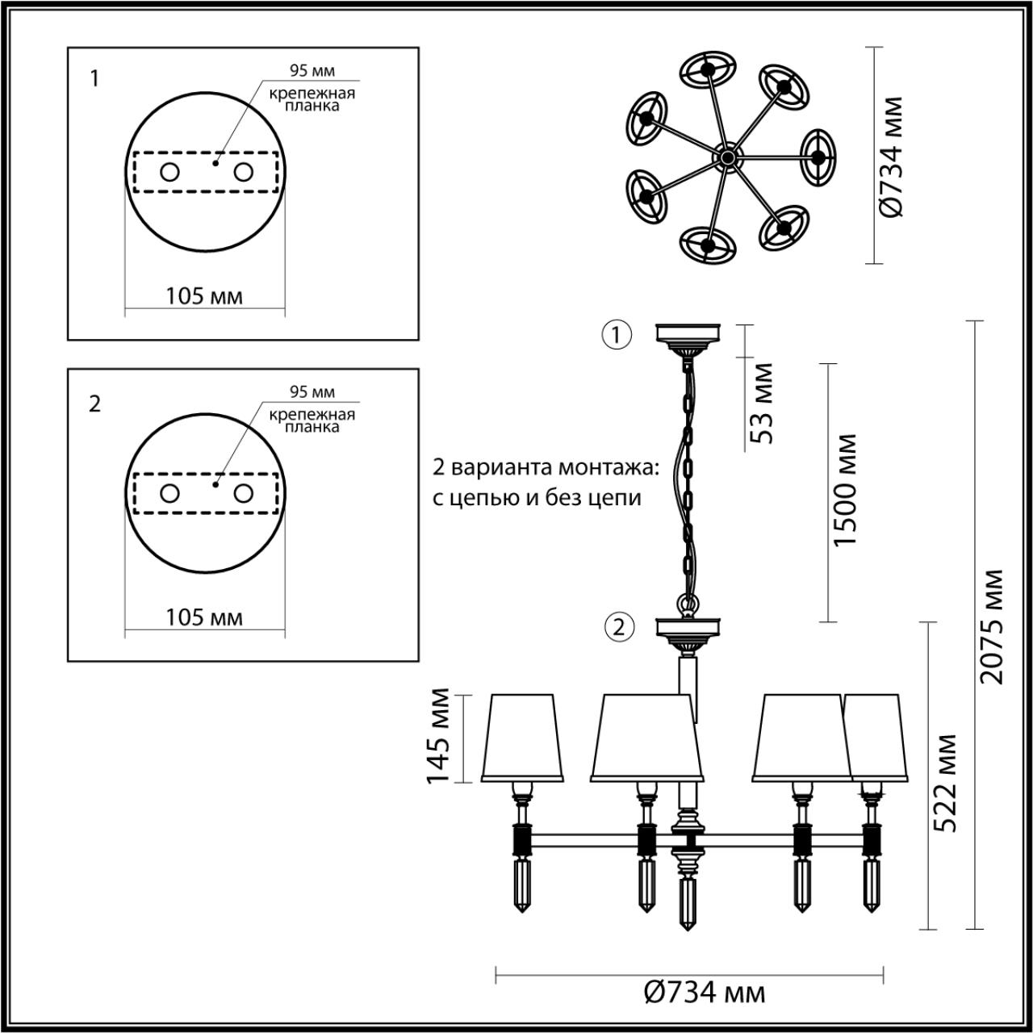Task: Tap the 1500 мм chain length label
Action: [844, 490]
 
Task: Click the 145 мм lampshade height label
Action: [438, 735]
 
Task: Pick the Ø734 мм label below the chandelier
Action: [705, 992]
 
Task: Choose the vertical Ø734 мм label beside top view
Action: [891, 157]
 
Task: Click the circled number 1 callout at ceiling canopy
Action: [617, 334]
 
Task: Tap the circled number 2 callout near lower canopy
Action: [619, 627]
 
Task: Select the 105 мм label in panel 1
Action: [204, 296]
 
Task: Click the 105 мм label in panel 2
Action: [204, 617]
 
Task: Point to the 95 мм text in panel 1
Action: [312, 72]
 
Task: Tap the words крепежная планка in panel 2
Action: [312, 420]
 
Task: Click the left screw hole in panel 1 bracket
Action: [169, 172]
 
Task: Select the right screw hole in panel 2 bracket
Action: [244, 493]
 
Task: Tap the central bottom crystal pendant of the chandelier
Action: [688, 904]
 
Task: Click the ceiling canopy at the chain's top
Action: [688, 333]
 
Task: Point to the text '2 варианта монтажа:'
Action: [546, 468]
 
